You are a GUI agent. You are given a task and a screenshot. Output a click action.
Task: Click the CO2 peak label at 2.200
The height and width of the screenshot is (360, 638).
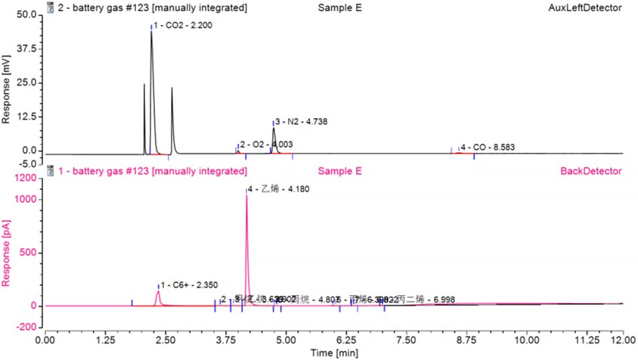click(184, 26)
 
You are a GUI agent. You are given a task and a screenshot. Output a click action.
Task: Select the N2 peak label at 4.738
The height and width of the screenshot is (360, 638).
click(300, 121)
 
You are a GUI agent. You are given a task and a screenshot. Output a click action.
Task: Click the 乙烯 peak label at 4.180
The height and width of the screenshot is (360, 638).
click(278, 189)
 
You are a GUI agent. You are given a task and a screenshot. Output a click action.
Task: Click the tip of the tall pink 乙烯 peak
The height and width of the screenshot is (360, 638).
click(246, 194)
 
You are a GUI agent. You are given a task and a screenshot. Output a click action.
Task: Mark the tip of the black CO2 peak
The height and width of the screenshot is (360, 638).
click(151, 32)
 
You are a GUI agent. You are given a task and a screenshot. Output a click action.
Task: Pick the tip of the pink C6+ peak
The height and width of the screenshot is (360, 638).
click(158, 291)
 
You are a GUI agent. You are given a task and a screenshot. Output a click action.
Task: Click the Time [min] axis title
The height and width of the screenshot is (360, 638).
click(334, 353)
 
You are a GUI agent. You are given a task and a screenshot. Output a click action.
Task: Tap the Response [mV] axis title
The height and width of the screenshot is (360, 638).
click(8, 84)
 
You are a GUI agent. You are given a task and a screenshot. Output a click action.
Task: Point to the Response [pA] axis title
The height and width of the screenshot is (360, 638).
click(8, 253)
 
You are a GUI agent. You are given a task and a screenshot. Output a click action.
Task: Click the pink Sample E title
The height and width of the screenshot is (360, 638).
click(340, 171)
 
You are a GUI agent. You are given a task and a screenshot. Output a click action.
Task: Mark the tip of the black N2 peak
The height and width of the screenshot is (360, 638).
click(274, 128)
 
